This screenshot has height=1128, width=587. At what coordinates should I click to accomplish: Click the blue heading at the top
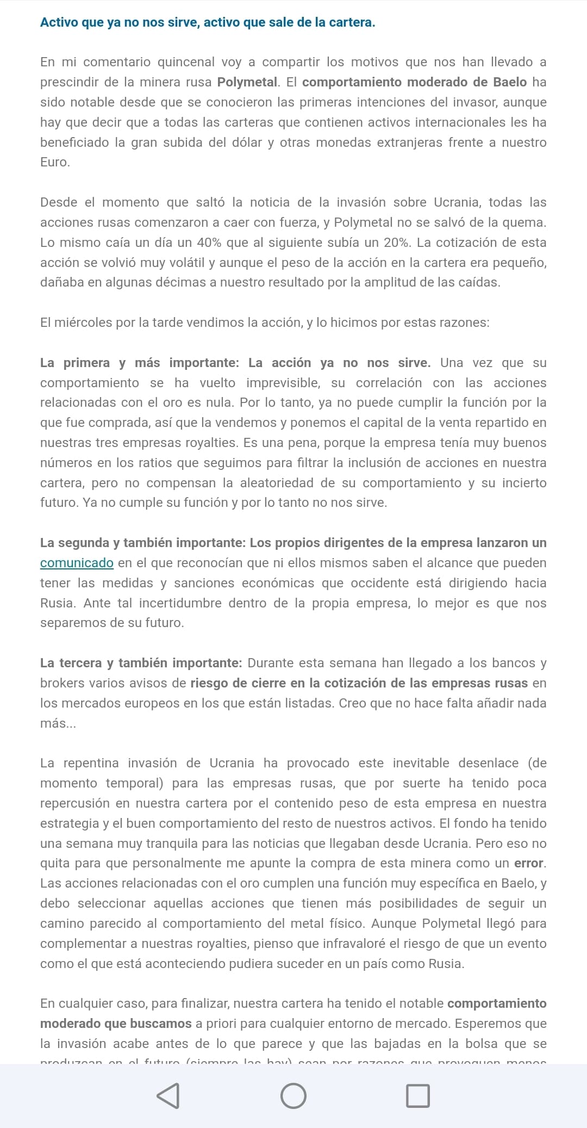tap(208, 22)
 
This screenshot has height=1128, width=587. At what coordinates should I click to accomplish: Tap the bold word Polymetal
tap(247, 82)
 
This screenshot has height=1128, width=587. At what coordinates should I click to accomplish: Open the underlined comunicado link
tap(77, 563)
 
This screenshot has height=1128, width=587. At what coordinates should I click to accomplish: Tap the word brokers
tap(61, 683)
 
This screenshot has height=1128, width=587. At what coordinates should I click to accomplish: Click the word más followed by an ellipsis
tap(58, 723)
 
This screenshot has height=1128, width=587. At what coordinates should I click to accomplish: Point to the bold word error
tap(529, 864)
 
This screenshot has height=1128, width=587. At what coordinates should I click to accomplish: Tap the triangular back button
tap(168, 1096)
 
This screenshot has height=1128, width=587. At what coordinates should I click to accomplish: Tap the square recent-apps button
tap(418, 1096)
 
